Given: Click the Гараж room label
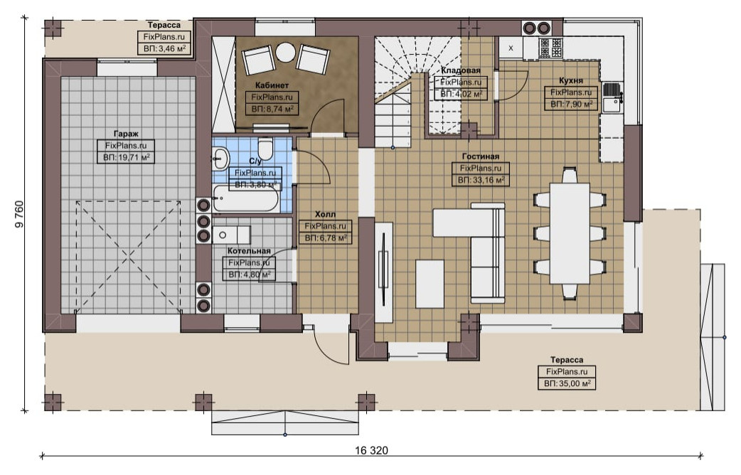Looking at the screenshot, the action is [x=126, y=134].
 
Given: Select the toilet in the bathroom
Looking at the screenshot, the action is [x=265, y=148].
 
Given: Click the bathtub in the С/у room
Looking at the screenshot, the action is [x=245, y=198].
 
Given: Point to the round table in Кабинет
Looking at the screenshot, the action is [x=285, y=52].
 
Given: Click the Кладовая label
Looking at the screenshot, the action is [x=461, y=70].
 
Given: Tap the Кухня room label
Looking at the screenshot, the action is [x=571, y=80].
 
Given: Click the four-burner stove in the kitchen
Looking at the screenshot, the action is [x=551, y=47].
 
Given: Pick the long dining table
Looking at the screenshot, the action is [x=570, y=233].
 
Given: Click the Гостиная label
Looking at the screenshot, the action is [x=481, y=156].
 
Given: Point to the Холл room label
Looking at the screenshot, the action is [x=325, y=215].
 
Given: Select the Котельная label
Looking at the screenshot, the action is [x=249, y=251].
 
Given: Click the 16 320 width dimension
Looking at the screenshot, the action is [x=371, y=450].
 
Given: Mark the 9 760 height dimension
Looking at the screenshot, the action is [x=19, y=215].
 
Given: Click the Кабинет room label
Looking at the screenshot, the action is [x=272, y=85].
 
